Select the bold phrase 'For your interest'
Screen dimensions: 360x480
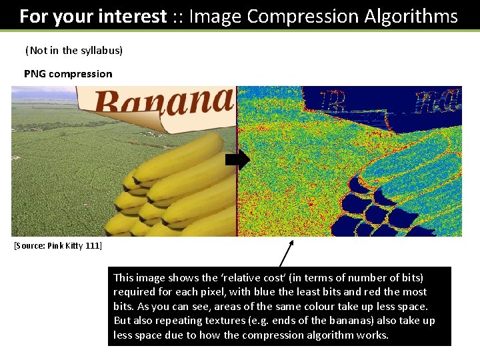click(93, 16)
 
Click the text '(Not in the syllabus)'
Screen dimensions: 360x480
click(74, 51)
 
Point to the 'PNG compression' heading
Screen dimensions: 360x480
click(68, 73)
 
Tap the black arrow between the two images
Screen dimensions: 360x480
click(237, 161)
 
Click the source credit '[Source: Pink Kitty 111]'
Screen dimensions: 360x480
click(58, 246)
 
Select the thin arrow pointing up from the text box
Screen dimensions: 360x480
click(287, 253)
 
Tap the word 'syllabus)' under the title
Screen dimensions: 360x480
click(102, 51)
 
